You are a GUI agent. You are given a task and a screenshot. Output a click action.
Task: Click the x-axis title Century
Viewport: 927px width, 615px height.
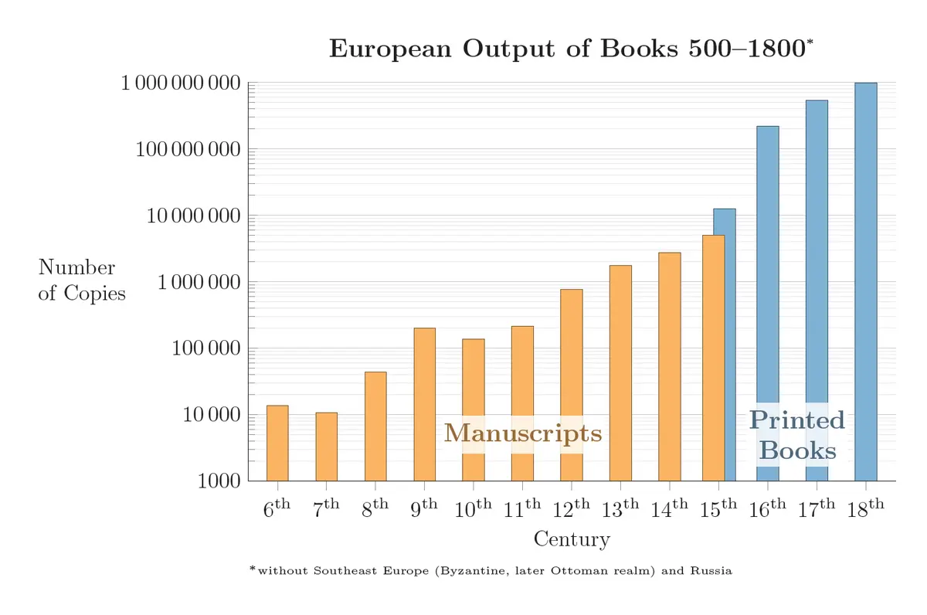[x=572, y=539]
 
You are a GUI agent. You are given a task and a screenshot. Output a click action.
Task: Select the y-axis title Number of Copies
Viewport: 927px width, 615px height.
[x=82, y=280]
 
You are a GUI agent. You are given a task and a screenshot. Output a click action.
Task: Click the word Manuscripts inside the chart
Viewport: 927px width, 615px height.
[x=523, y=433]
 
